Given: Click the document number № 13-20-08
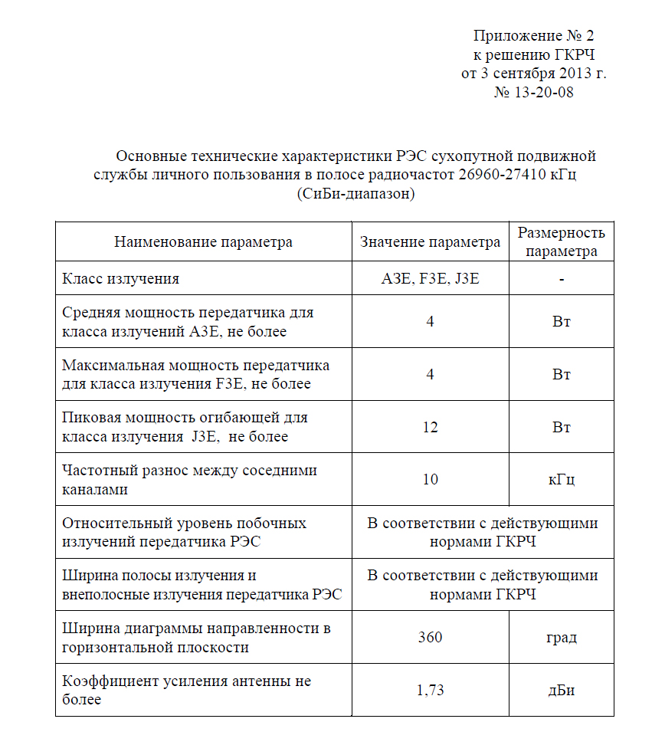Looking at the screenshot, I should click(x=533, y=93).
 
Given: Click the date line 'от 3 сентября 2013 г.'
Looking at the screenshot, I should click(x=533, y=74).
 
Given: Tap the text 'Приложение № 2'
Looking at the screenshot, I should click(x=533, y=35).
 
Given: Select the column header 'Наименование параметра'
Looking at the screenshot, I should click(x=203, y=242).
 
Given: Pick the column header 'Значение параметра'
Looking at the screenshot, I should click(x=430, y=242).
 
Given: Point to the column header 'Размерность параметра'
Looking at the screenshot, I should click(x=561, y=242).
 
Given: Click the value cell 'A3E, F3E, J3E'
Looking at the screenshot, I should click(x=430, y=279).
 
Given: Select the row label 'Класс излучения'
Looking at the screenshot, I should click(x=120, y=279).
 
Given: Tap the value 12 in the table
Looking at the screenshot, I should click(x=430, y=427).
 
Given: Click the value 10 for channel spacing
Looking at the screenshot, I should click(x=430, y=480).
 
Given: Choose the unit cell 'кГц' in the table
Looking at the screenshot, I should click(x=561, y=480).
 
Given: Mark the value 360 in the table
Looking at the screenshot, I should click(x=430, y=638).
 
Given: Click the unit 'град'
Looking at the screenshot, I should click(x=561, y=638).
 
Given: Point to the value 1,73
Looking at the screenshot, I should click(x=430, y=691).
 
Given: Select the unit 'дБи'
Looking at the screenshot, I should click(x=561, y=691).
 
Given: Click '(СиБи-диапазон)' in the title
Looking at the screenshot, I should click(x=355, y=195).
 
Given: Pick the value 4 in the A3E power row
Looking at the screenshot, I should click(x=430, y=322).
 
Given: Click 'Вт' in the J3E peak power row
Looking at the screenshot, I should click(x=561, y=427).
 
